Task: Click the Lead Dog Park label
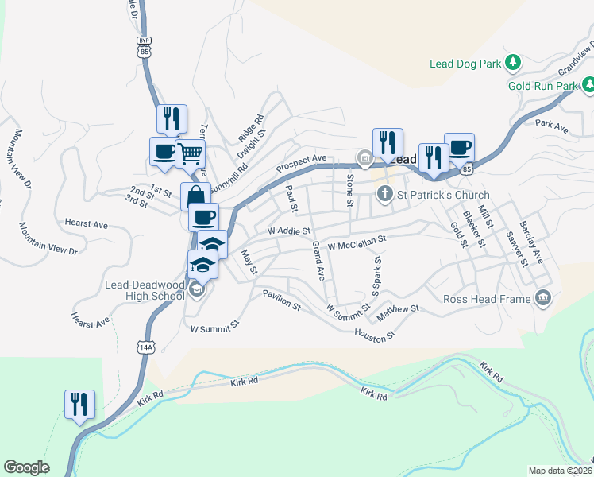coord(465,64)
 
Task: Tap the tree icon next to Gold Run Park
coord(588,84)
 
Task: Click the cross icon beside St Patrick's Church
coord(385,193)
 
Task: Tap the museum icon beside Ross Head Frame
coord(543,298)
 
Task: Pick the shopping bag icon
coord(195,196)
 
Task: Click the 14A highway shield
coord(145,347)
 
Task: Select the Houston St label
coord(375,335)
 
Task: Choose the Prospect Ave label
coord(301,164)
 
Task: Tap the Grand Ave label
coord(318,261)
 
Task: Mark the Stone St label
coord(349,189)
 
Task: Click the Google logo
coord(26,467)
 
